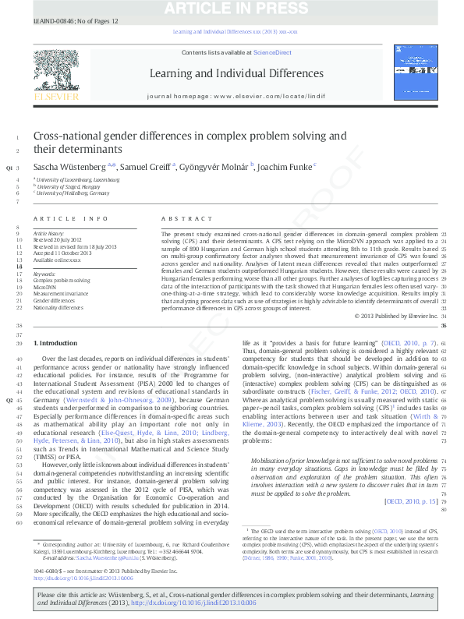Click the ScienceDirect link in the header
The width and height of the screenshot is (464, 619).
point(272,52)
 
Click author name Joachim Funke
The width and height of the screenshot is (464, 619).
point(286,167)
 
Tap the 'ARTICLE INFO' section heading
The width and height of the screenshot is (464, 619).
point(70,220)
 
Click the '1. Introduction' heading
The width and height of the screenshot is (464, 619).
point(56,343)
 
